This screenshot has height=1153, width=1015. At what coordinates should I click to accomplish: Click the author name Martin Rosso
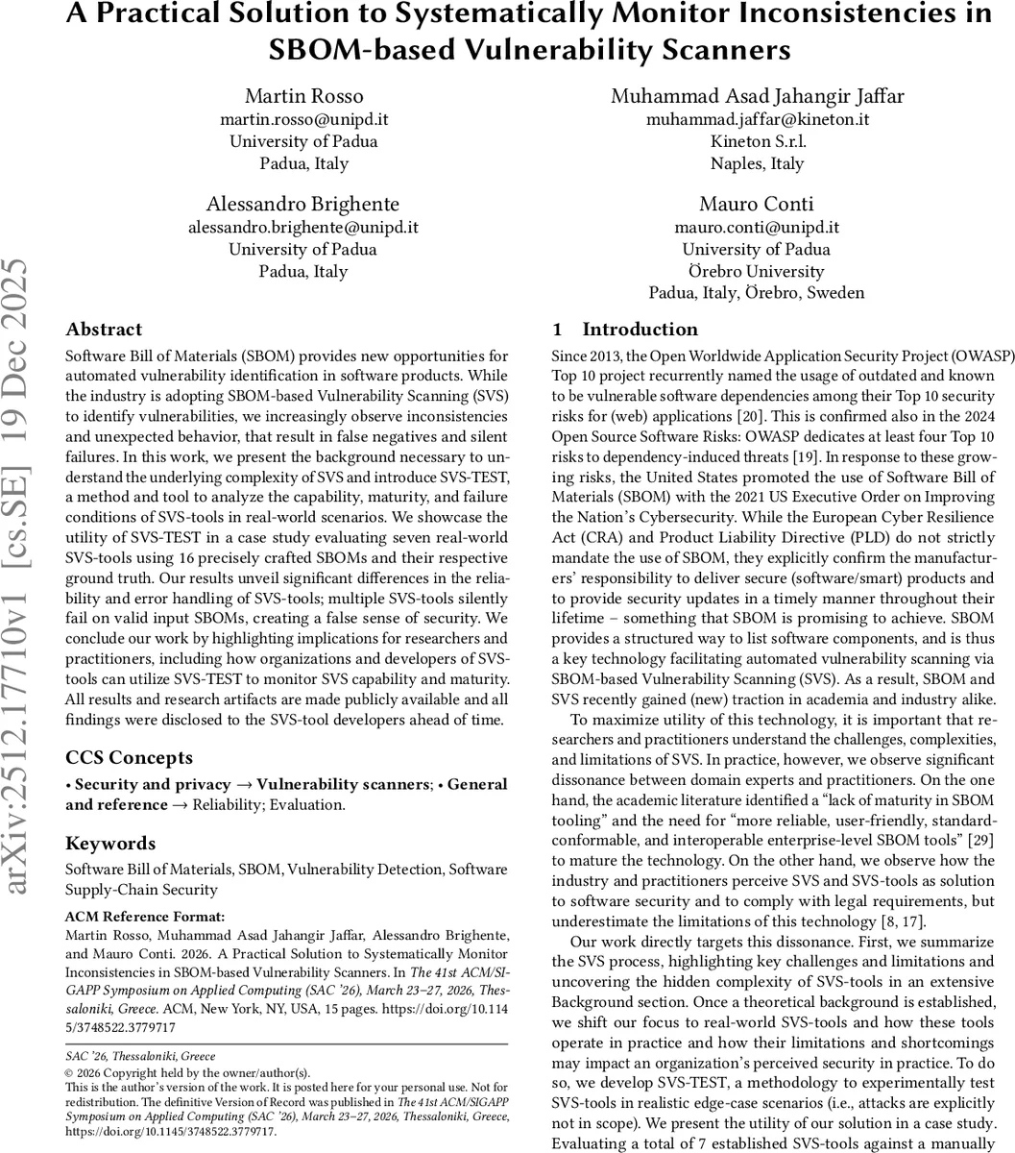pos(303,96)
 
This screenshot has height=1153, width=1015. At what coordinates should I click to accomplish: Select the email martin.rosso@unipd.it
pos(303,119)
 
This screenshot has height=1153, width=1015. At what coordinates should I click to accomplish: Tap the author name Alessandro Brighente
pos(303,204)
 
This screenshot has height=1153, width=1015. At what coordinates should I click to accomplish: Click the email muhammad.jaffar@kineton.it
pos(757,119)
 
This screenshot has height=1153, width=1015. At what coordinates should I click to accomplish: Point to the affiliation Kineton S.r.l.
pos(757,141)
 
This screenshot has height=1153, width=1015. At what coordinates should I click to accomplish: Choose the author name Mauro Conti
pos(757,204)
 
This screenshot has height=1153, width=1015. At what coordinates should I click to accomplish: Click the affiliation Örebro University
pos(757,271)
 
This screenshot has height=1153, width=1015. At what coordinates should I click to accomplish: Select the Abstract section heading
pos(104,330)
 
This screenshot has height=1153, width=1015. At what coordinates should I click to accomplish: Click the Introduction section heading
pos(640,330)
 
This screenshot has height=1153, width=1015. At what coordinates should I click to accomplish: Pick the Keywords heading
pos(110,844)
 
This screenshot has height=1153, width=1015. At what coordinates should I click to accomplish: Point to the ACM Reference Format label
pos(145,916)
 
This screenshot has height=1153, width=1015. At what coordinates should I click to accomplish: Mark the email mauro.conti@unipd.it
pos(757,227)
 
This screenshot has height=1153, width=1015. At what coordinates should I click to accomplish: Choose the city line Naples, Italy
pos(757,163)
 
